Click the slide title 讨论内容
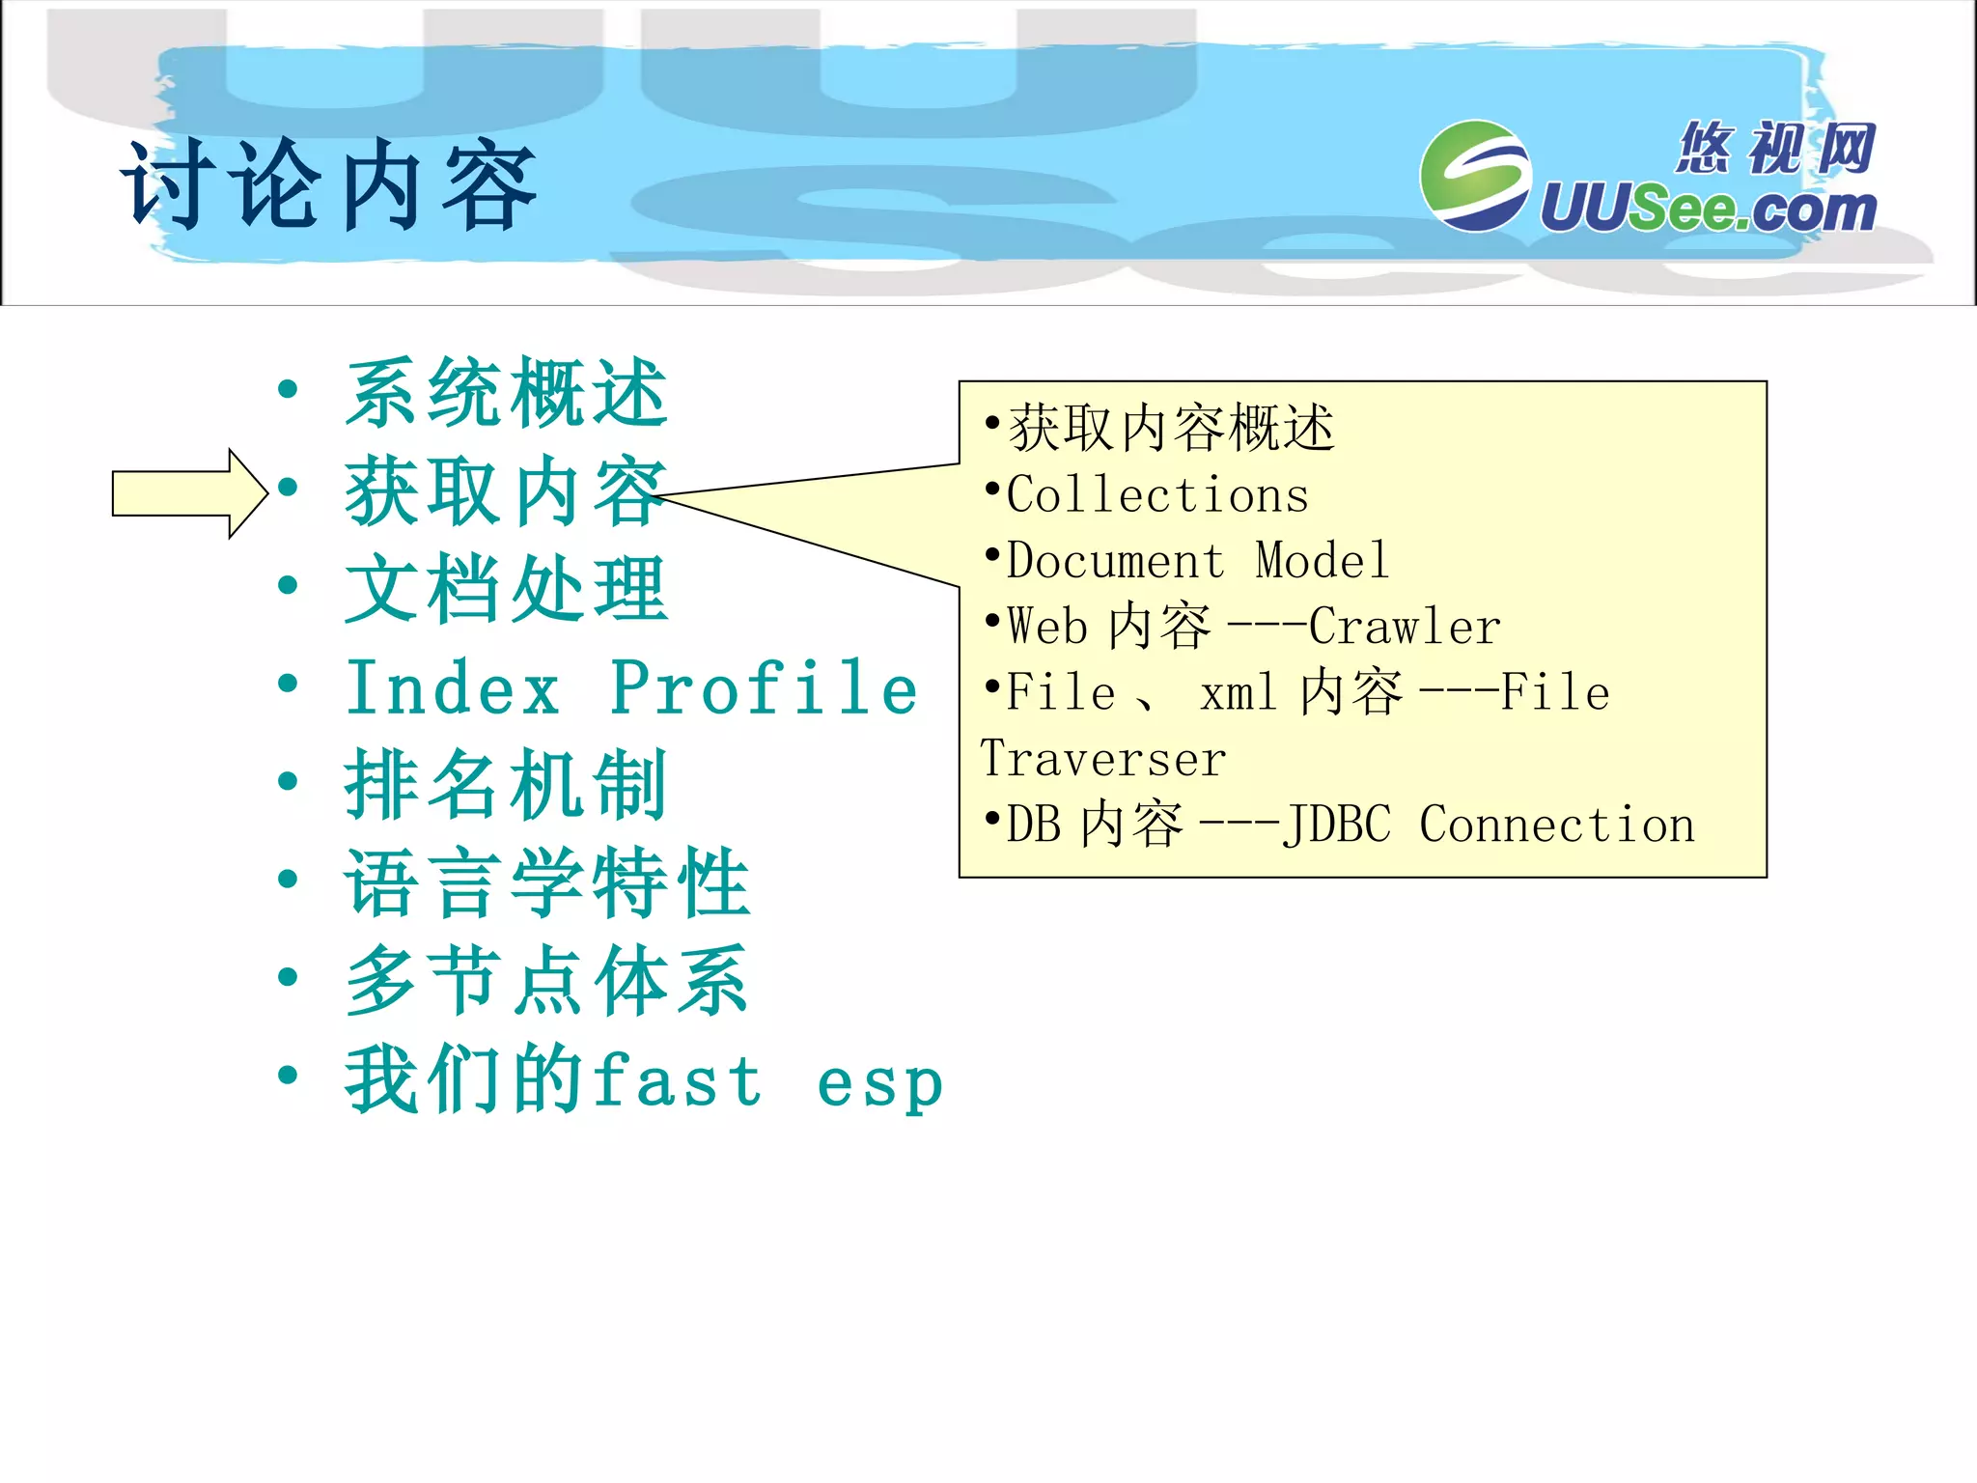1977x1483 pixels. click(x=328, y=185)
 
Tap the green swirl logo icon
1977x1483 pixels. click(x=1474, y=176)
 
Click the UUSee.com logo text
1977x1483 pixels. click(x=1707, y=209)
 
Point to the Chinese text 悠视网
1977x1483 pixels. click(x=1774, y=148)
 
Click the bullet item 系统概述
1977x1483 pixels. click(x=506, y=393)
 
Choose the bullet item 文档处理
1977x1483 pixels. click(x=506, y=590)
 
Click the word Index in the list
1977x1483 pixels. click(x=453, y=688)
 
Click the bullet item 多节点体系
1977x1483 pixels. click(x=546, y=982)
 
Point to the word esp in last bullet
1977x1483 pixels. click(x=878, y=1083)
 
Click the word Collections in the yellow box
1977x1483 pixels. click(x=1157, y=495)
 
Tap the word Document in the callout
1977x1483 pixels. click(x=1115, y=561)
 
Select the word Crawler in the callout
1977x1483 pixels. click(x=1405, y=627)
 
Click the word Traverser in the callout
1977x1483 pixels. click(x=1102, y=759)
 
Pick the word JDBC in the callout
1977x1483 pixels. click(x=1337, y=825)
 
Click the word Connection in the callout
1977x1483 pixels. click(x=1556, y=825)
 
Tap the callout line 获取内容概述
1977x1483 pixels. click(x=1170, y=429)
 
